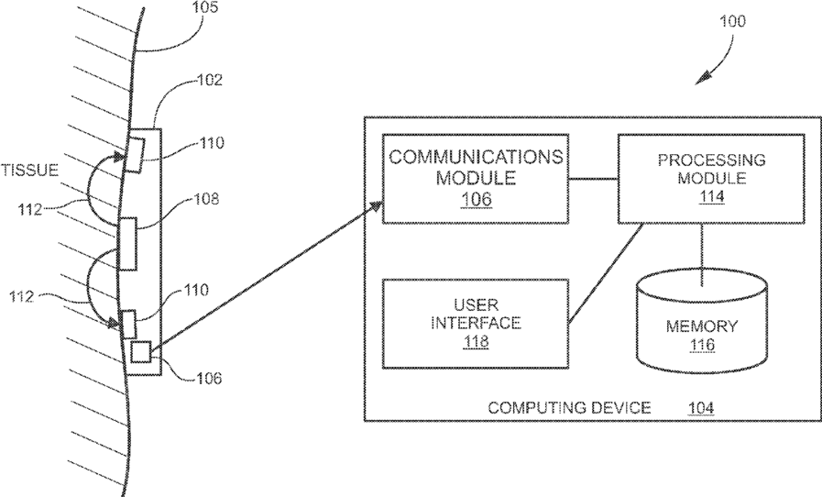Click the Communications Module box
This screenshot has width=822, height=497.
475,179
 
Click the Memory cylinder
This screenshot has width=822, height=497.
702,329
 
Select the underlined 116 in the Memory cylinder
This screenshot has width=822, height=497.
702,345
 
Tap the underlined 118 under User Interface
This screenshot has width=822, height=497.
475,341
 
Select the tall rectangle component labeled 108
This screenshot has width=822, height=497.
127,244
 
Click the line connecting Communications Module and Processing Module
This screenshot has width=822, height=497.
592,178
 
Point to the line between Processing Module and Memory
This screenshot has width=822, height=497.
703,247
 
